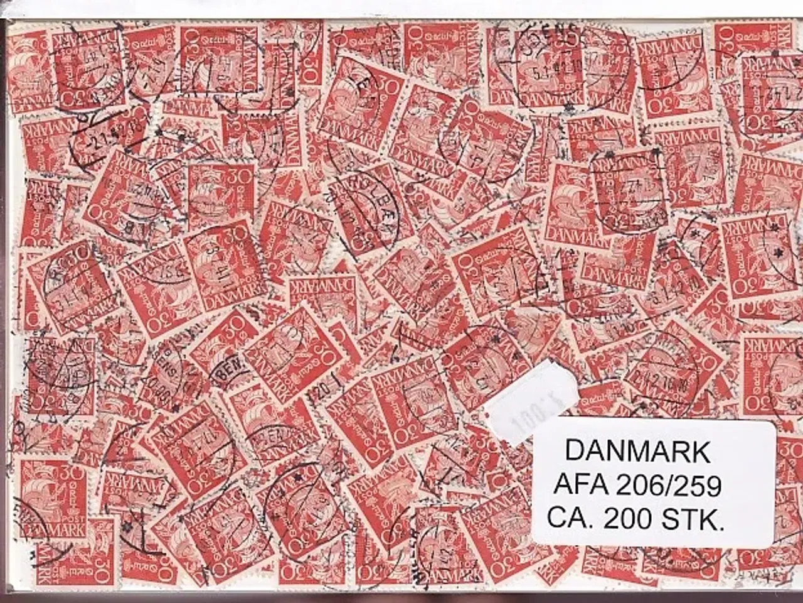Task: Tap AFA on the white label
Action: click(582, 485)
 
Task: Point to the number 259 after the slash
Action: click(697, 485)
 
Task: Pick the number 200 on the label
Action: click(624, 518)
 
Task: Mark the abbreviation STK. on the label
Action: click(693, 518)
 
